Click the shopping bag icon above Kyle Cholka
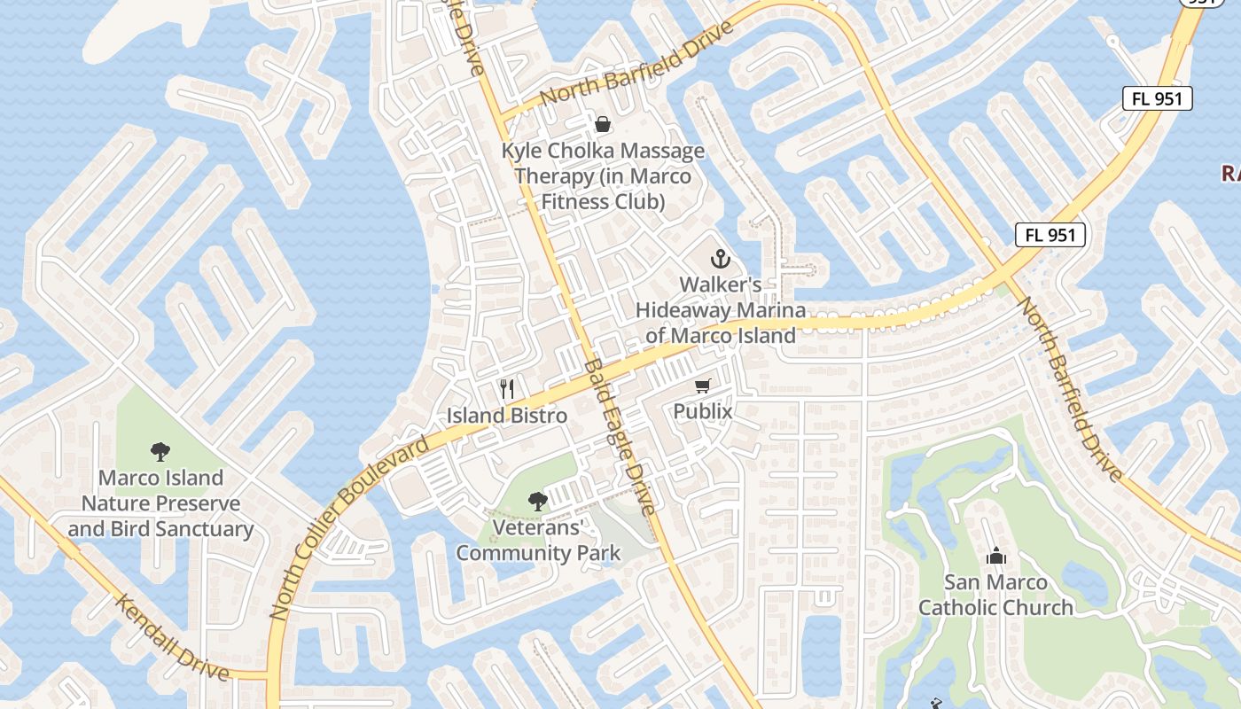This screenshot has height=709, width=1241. [603, 124]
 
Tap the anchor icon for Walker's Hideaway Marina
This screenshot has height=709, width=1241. [721, 259]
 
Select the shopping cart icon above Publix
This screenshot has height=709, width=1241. [703, 386]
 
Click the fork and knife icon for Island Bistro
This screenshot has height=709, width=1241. [507, 388]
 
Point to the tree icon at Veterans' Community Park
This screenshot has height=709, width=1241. [537, 502]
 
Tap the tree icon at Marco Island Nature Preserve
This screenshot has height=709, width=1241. [160, 452]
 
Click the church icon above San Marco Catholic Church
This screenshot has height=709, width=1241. [995, 556]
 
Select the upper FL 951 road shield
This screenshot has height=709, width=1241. [1158, 98]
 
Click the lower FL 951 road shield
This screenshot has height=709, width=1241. [1050, 235]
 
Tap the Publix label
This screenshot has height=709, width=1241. [703, 411]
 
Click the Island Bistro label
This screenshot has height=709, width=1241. [507, 415]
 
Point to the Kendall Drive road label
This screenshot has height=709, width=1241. [173, 636]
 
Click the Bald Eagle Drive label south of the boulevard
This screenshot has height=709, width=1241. [621, 437]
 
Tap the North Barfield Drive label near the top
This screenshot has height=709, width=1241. [636, 64]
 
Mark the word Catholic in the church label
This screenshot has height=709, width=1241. [996, 607]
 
